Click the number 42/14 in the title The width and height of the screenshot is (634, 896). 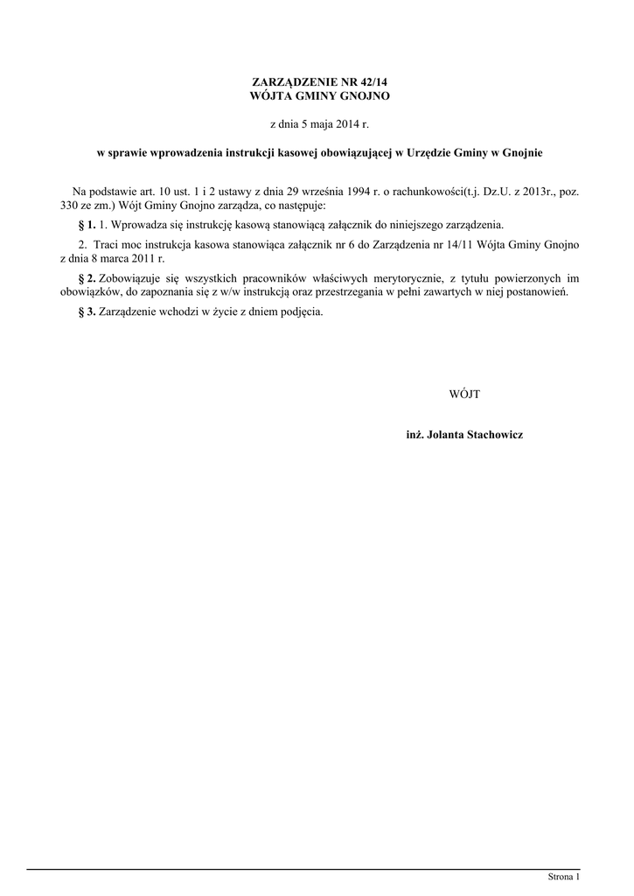point(371,81)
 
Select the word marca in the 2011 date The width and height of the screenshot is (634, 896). point(116,258)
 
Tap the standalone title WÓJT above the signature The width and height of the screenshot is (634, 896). point(464,395)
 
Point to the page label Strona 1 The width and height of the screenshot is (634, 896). point(563,876)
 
